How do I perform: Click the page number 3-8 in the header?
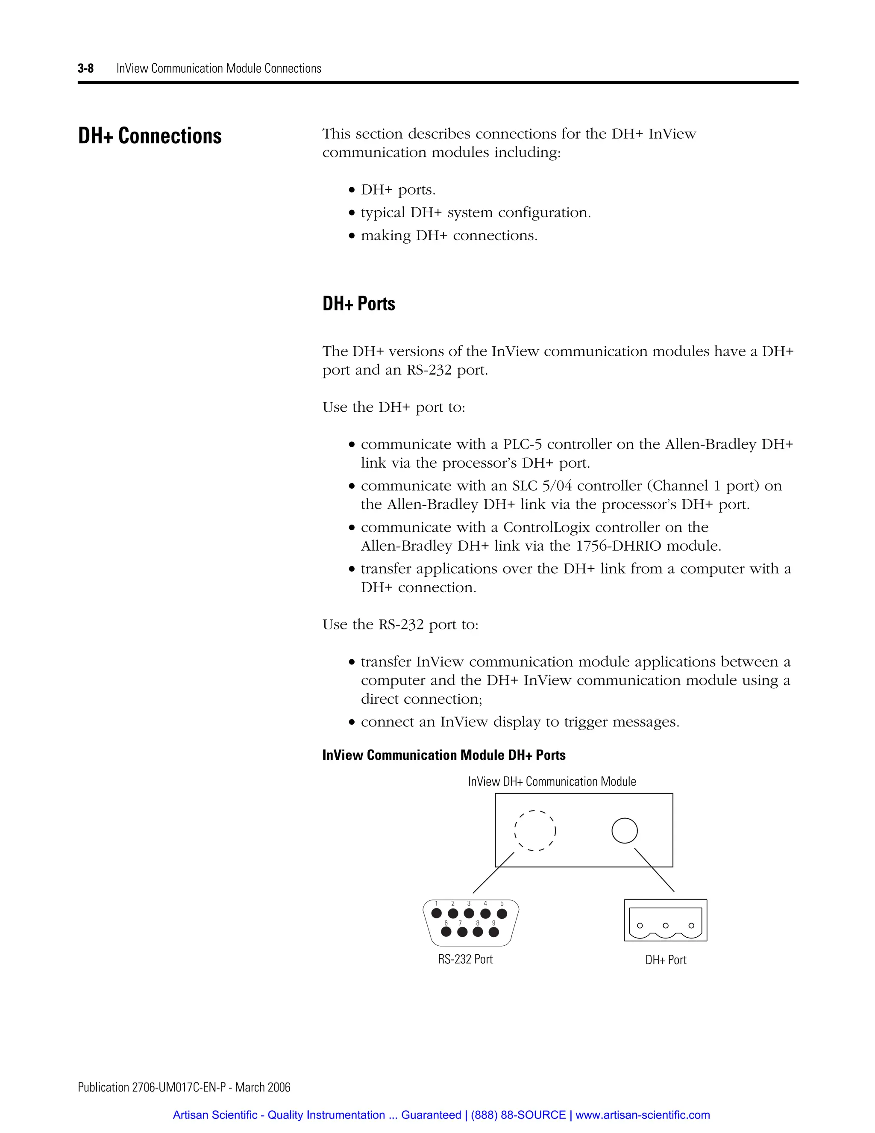click(85, 68)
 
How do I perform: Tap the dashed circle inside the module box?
click(534, 831)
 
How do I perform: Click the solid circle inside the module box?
click(624, 831)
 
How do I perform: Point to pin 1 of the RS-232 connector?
click(437, 914)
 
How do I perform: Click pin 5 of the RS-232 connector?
click(502, 914)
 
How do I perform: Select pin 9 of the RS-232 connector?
click(494, 932)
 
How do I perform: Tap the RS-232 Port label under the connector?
click(465, 959)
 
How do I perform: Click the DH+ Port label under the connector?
click(666, 960)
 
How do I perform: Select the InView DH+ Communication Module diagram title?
click(552, 782)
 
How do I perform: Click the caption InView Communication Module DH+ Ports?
click(444, 755)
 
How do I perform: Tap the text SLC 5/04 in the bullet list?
click(542, 486)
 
